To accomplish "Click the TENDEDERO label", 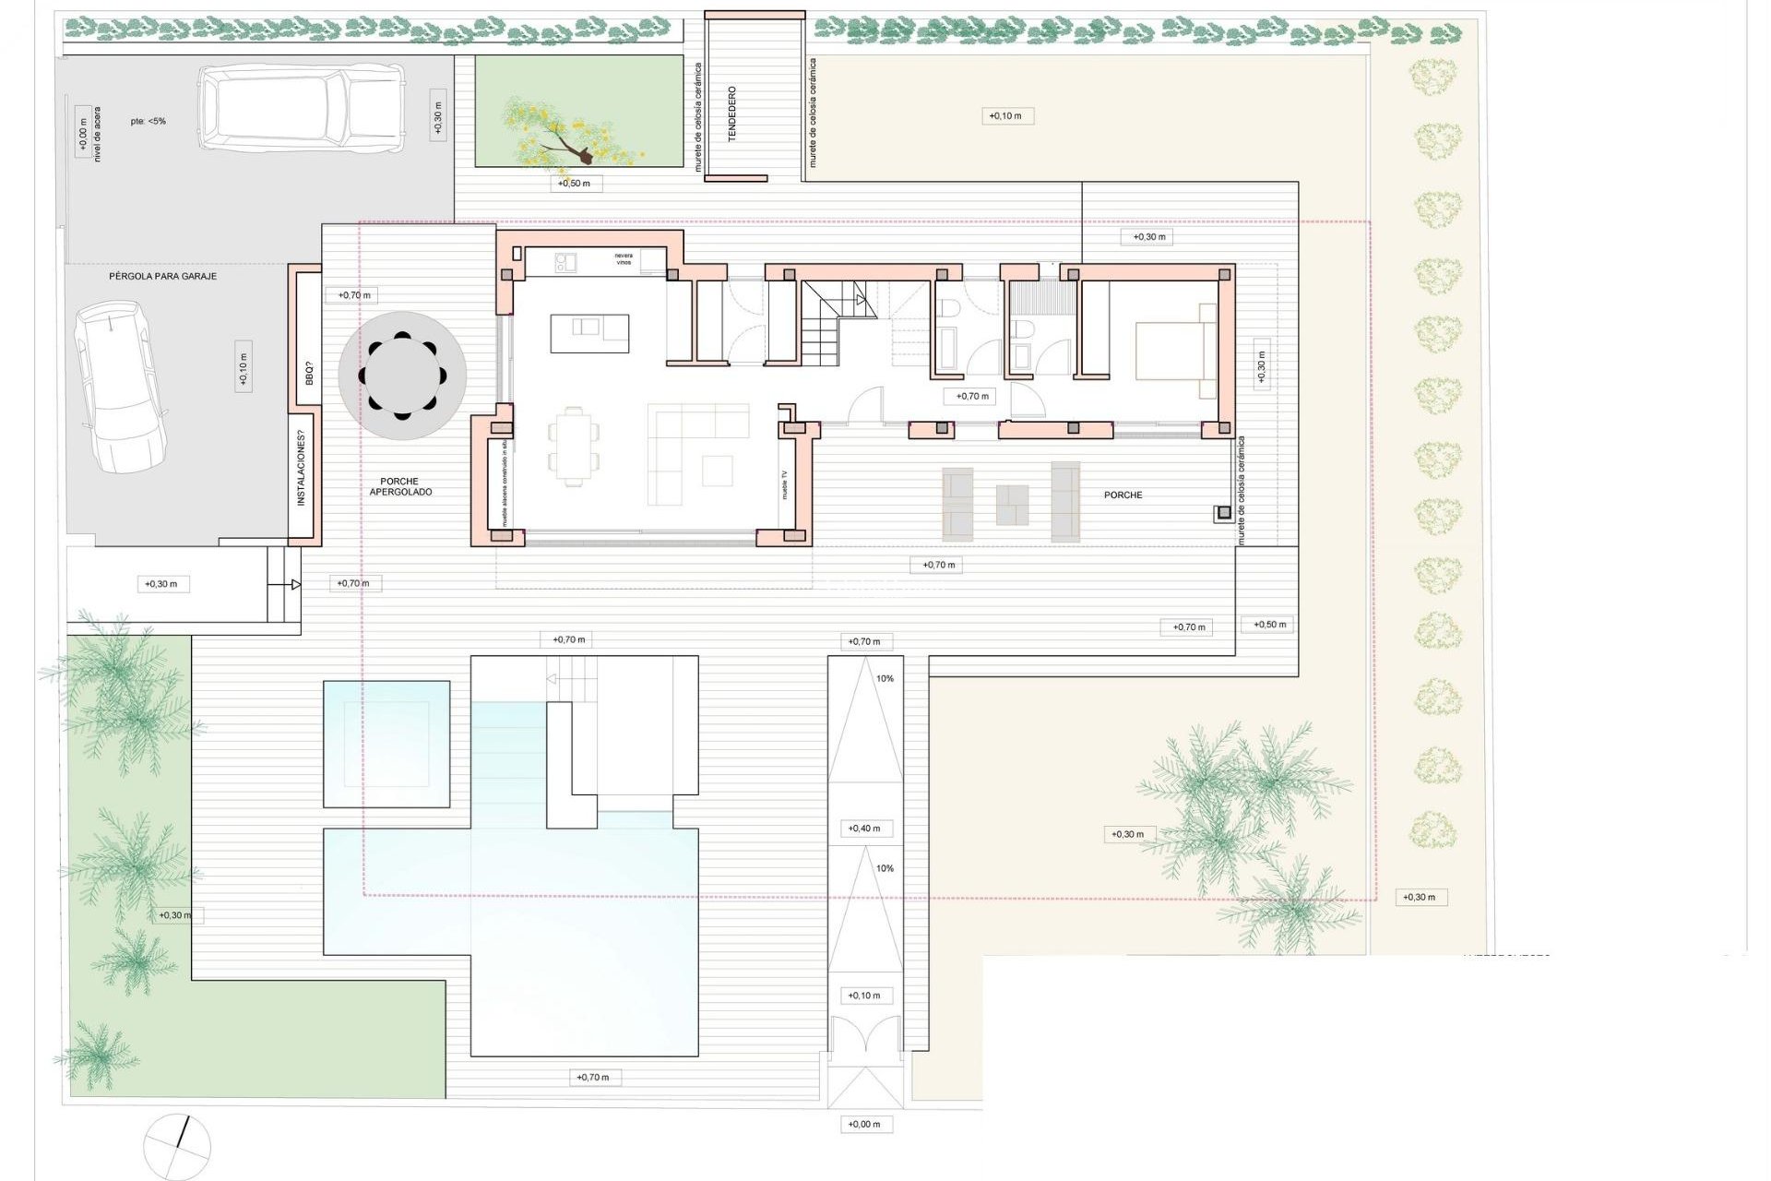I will coord(732,113).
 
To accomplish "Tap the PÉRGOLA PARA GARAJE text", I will coord(163,276).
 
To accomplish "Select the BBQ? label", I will coord(309,374).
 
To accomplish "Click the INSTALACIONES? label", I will coord(301,474).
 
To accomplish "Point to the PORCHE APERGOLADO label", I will coord(400,486).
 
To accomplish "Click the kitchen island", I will coord(590,333).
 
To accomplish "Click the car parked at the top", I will coord(302,109).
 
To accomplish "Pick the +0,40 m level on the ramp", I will coord(864,829).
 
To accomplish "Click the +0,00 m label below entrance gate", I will coord(864,1124).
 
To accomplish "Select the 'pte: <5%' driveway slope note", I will coord(148,121).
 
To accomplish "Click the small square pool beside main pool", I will coord(386,744).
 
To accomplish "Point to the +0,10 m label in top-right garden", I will coord(1005,116).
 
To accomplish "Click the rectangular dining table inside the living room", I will coord(573,446).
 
